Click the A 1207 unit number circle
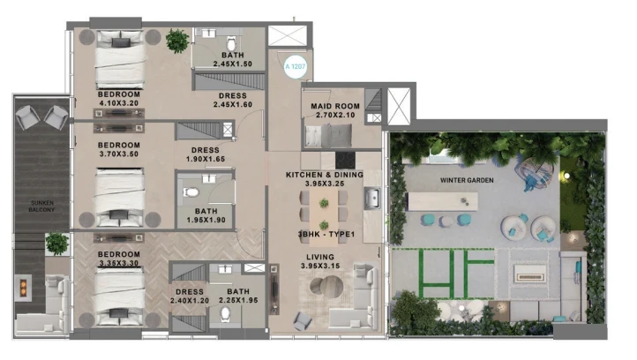click(296, 67)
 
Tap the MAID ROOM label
click(335, 106)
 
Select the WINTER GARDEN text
click(467, 180)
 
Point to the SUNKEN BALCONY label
click(41, 206)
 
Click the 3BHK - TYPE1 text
click(326, 234)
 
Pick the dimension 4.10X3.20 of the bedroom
click(119, 103)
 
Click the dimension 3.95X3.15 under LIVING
click(320, 266)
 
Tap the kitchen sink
click(372, 198)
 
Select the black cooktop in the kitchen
click(345, 160)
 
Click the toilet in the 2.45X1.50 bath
click(231, 43)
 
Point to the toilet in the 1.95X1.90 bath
click(191, 192)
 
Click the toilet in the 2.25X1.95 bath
click(225, 314)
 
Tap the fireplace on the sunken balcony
click(24, 288)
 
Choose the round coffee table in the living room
click(326, 287)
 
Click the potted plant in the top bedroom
click(177, 41)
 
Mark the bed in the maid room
click(328, 135)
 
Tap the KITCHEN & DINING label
click(325, 175)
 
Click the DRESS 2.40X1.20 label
click(190, 296)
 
